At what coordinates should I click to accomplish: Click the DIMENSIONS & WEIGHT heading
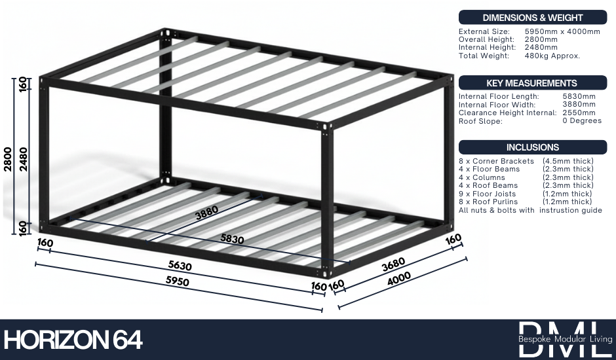pos(532,18)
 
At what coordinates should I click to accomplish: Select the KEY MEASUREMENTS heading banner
pos(532,83)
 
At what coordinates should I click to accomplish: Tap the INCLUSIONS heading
pos(532,147)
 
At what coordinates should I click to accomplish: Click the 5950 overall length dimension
pos(178,281)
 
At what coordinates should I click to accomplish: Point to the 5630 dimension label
pos(180,265)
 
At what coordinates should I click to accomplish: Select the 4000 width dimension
pos(398,278)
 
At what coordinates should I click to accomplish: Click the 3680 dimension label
pos(393,264)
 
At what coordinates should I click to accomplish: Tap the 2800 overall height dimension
pos(8,159)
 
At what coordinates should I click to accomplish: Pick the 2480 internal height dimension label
pos(23,159)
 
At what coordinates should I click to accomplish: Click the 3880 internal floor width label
pos(206,213)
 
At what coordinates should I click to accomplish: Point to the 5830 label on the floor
pos(232,239)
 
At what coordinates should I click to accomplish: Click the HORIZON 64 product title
pos(73,340)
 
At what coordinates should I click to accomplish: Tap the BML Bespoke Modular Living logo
pos(565,339)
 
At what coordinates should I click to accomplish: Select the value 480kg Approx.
pos(552,56)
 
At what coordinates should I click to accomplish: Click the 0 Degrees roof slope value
pos(582,120)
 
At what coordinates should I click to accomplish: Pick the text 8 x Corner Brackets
pos(496,161)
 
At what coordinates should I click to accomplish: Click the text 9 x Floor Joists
pos(487,194)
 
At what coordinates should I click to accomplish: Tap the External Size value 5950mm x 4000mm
pos(562,31)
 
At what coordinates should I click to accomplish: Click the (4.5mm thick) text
pos(568,161)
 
